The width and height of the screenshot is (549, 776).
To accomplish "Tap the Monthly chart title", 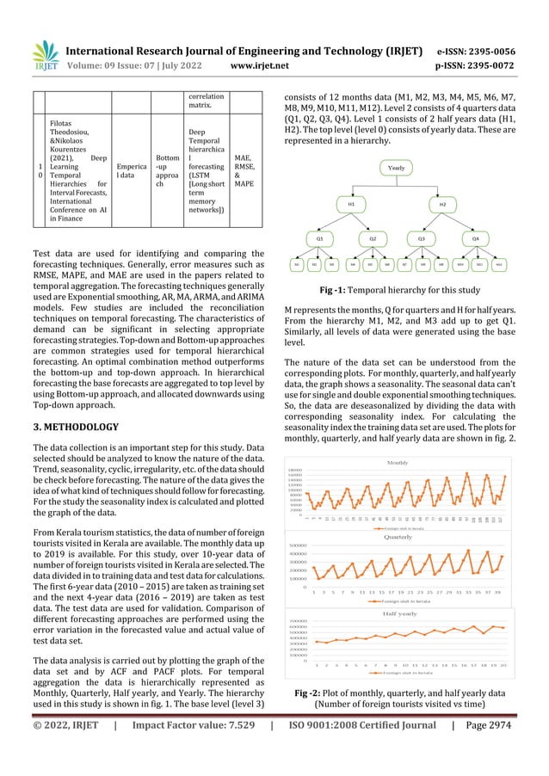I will (398, 463).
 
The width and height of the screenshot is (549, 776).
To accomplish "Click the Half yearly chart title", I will (398, 613).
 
